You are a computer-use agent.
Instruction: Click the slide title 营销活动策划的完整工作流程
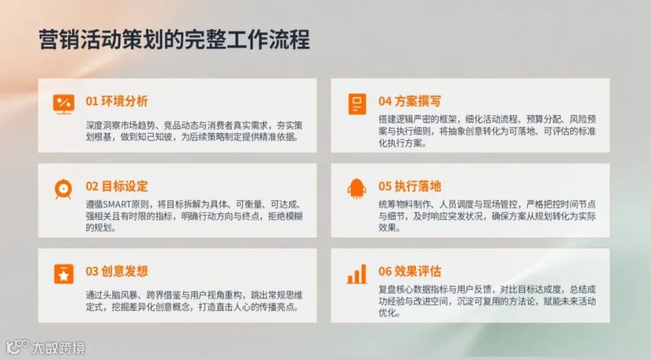174,40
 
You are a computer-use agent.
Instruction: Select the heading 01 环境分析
116,101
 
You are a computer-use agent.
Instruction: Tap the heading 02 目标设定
116,187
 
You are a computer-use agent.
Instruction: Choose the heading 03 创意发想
116,271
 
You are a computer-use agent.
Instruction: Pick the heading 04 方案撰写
409,101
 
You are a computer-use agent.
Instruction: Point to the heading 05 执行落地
409,187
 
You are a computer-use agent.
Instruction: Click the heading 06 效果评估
409,271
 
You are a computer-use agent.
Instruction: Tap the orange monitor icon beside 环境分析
64,103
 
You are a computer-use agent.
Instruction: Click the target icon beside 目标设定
63,189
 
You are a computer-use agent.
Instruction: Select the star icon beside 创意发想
64,274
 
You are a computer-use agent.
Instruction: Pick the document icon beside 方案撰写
357,103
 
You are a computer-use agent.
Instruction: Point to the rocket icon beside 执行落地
357,189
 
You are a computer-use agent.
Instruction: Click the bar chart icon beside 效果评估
357,274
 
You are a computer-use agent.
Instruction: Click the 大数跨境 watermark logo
46,348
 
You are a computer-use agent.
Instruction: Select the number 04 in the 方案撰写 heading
385,102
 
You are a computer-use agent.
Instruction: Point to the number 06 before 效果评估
385,272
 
